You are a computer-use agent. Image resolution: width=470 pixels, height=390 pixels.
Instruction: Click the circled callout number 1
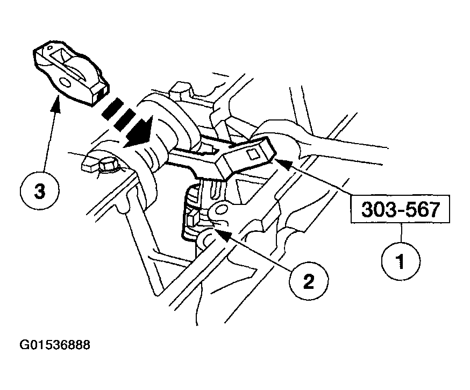click(x=401, y=261)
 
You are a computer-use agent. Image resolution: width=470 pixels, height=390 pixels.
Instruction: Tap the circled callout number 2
click(x=309, y=281)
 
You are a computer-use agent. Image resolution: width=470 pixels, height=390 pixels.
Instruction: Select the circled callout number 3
click(x=40, y=190)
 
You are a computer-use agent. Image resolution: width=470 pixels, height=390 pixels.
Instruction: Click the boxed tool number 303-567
click(x=400, y=209)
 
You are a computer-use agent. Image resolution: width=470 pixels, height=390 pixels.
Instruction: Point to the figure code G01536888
click(x=55, y=345)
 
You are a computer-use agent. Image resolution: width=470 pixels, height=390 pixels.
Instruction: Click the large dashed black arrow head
click(x=141, y=132)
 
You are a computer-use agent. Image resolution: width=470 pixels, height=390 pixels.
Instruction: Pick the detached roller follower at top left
click(x=71, y=72)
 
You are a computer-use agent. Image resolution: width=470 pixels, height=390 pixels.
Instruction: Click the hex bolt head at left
click(x=108, y=165)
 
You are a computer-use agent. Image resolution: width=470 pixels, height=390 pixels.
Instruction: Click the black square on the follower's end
click(x=104, y=90)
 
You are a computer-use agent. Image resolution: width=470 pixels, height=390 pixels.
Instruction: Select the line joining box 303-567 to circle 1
click(x=401, y=232)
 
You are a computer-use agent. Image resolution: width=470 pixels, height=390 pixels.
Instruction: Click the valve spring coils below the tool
click(x=192, y=210)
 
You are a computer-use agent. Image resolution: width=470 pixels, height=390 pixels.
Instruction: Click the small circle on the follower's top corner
click(x=46, y=47)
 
